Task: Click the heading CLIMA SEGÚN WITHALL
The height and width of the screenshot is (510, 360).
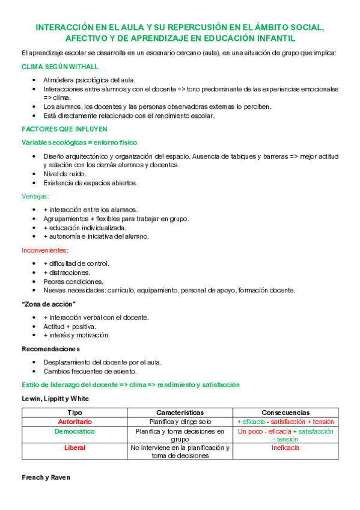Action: coord(59,66)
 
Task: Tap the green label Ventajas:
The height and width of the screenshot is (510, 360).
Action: coord(35,196)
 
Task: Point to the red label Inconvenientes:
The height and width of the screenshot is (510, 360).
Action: coord(45,250)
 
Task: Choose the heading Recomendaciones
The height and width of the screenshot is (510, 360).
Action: coord(50,349)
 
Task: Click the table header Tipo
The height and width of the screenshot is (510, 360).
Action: coord(75,413)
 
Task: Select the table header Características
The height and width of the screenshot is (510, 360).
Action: coord(180,413)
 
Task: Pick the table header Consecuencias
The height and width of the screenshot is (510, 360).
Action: coord(285,413)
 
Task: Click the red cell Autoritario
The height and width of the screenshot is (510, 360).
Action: coord(75,422)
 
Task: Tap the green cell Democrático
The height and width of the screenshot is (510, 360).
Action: coord(75,431)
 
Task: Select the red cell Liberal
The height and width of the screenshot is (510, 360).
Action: coord(75,447)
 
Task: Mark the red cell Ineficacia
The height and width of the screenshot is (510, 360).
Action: coord(285,447)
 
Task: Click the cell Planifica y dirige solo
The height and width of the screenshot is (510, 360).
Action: coord(180,422)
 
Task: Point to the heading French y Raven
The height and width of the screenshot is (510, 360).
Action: coord(46,477)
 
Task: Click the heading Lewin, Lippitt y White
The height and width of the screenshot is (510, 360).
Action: coord(55,398)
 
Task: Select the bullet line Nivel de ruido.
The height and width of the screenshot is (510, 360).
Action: coord(66,174)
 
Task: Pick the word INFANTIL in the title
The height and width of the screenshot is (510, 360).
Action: coord(273,37)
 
